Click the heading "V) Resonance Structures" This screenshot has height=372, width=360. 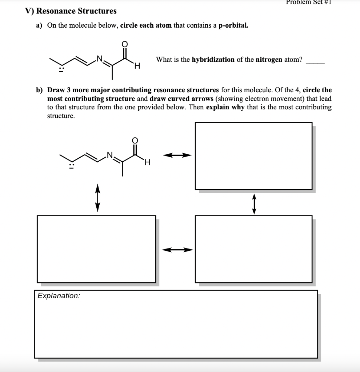(71, 11)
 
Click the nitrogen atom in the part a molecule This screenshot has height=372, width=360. (99, 57)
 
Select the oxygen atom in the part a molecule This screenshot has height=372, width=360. (124, 44)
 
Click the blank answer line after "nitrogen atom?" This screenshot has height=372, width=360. (315, 62)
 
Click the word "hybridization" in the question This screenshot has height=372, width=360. (213, 60)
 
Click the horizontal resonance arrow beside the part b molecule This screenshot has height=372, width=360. (177, 155)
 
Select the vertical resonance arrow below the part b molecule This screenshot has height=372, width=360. (97, 198)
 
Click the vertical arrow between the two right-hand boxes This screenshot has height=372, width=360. (254, 204)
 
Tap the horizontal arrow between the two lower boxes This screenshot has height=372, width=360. (177, 250)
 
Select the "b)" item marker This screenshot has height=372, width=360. (39, 90)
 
